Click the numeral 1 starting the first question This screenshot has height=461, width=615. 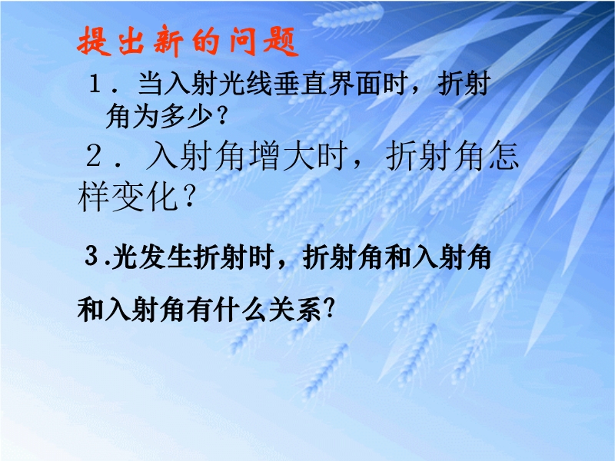95,84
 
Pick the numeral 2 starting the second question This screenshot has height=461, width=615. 94,156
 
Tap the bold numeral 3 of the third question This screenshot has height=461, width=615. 91,257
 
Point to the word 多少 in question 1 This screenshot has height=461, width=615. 187,117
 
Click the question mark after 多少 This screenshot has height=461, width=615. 222,117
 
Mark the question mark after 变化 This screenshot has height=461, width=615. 189,197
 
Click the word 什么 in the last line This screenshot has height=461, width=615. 240,310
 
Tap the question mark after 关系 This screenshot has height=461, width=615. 330,309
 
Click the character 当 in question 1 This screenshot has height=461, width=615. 151,84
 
